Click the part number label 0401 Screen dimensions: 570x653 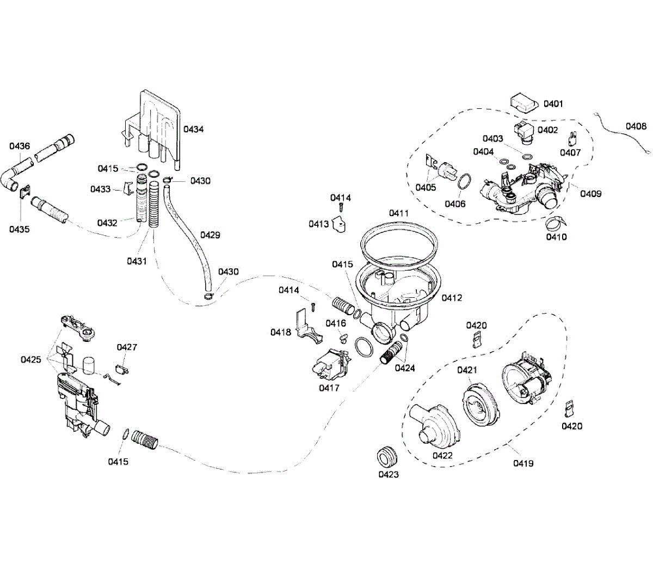pyautogui.click(x=553, y=103)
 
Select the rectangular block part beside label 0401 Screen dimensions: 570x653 pyautogui.click(x=524, y=102)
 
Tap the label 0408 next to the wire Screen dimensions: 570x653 pyautogui.click(x=636, y=126)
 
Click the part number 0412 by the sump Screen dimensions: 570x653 pyautogui.click(x=452, y=298)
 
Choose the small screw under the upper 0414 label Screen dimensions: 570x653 pyautogui.click(x=341, y=207)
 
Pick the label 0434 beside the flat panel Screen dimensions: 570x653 pyautogui.click(x=193, y=129)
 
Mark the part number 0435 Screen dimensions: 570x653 pyautogui.click(x=19, y=229)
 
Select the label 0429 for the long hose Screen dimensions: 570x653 pyautogui.click(x=210, y=235)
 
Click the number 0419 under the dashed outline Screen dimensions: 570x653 pyautogui.click(x=523, y=463)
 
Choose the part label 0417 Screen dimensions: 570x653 pyautogui.click(x=329, y=388)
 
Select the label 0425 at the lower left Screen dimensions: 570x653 pyautogui.click(x=30, y=359)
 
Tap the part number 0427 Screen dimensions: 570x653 pyautogui.click(x=127, y=347)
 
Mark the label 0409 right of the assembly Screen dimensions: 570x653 pyautogui.click(x=590, y=193)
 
